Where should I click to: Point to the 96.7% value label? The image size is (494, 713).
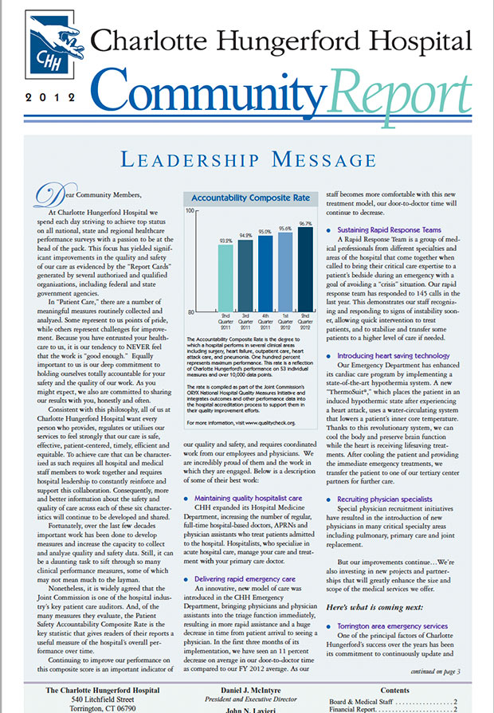click(305, 224)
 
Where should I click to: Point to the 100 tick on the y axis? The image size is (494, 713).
click(190, 211)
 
